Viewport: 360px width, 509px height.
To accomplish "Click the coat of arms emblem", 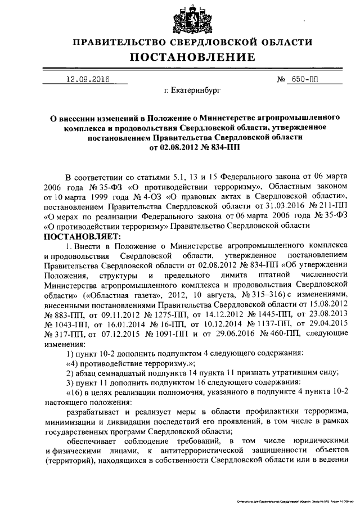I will (x=179, y=19).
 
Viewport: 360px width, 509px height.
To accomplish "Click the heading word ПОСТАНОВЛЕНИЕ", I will (x=180, y=57).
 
